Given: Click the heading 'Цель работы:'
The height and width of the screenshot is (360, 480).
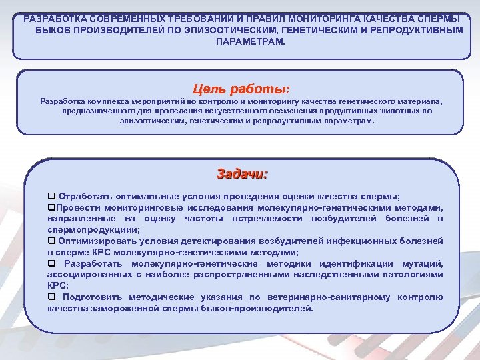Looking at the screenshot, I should coord(241,88).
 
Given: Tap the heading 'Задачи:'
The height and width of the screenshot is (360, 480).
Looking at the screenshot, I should coord(241,174).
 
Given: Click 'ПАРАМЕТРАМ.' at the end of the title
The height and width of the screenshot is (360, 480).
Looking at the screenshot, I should coord(250,41).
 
